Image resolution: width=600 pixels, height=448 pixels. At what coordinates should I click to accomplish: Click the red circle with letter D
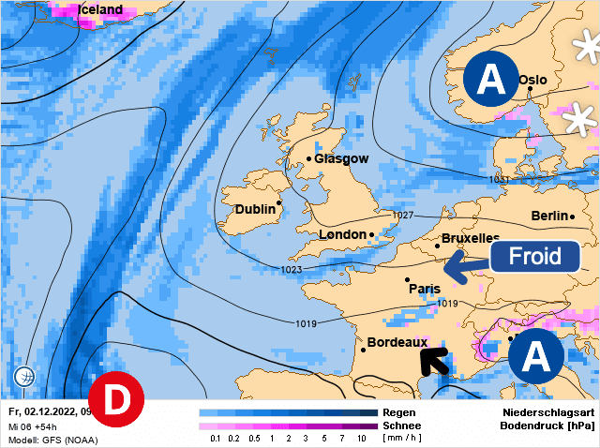point(116,399)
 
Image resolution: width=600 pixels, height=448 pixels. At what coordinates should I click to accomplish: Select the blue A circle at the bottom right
point(535,356)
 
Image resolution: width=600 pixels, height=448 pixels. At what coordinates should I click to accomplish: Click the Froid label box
point(535,255)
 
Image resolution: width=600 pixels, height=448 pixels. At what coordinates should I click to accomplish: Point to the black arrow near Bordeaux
point(433,359)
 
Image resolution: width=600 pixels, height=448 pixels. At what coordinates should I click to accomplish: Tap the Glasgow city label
point(341,158)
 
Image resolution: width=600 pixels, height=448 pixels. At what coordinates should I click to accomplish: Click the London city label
point(344,234)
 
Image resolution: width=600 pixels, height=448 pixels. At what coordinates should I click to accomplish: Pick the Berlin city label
point(550,216)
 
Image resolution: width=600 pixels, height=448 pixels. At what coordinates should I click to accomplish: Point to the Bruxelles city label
point(470,239)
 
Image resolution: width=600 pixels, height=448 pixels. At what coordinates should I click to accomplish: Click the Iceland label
point(100,9)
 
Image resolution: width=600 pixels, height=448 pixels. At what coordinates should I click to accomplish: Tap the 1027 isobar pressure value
point(402,216)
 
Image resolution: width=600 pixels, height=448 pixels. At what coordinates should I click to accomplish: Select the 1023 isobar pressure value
point(292,270)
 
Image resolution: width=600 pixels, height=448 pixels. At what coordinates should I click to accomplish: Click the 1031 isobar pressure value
point(499,179)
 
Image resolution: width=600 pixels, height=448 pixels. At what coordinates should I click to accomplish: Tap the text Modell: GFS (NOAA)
point(52,439)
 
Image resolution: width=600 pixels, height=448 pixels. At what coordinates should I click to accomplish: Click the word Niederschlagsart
point(549,412)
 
